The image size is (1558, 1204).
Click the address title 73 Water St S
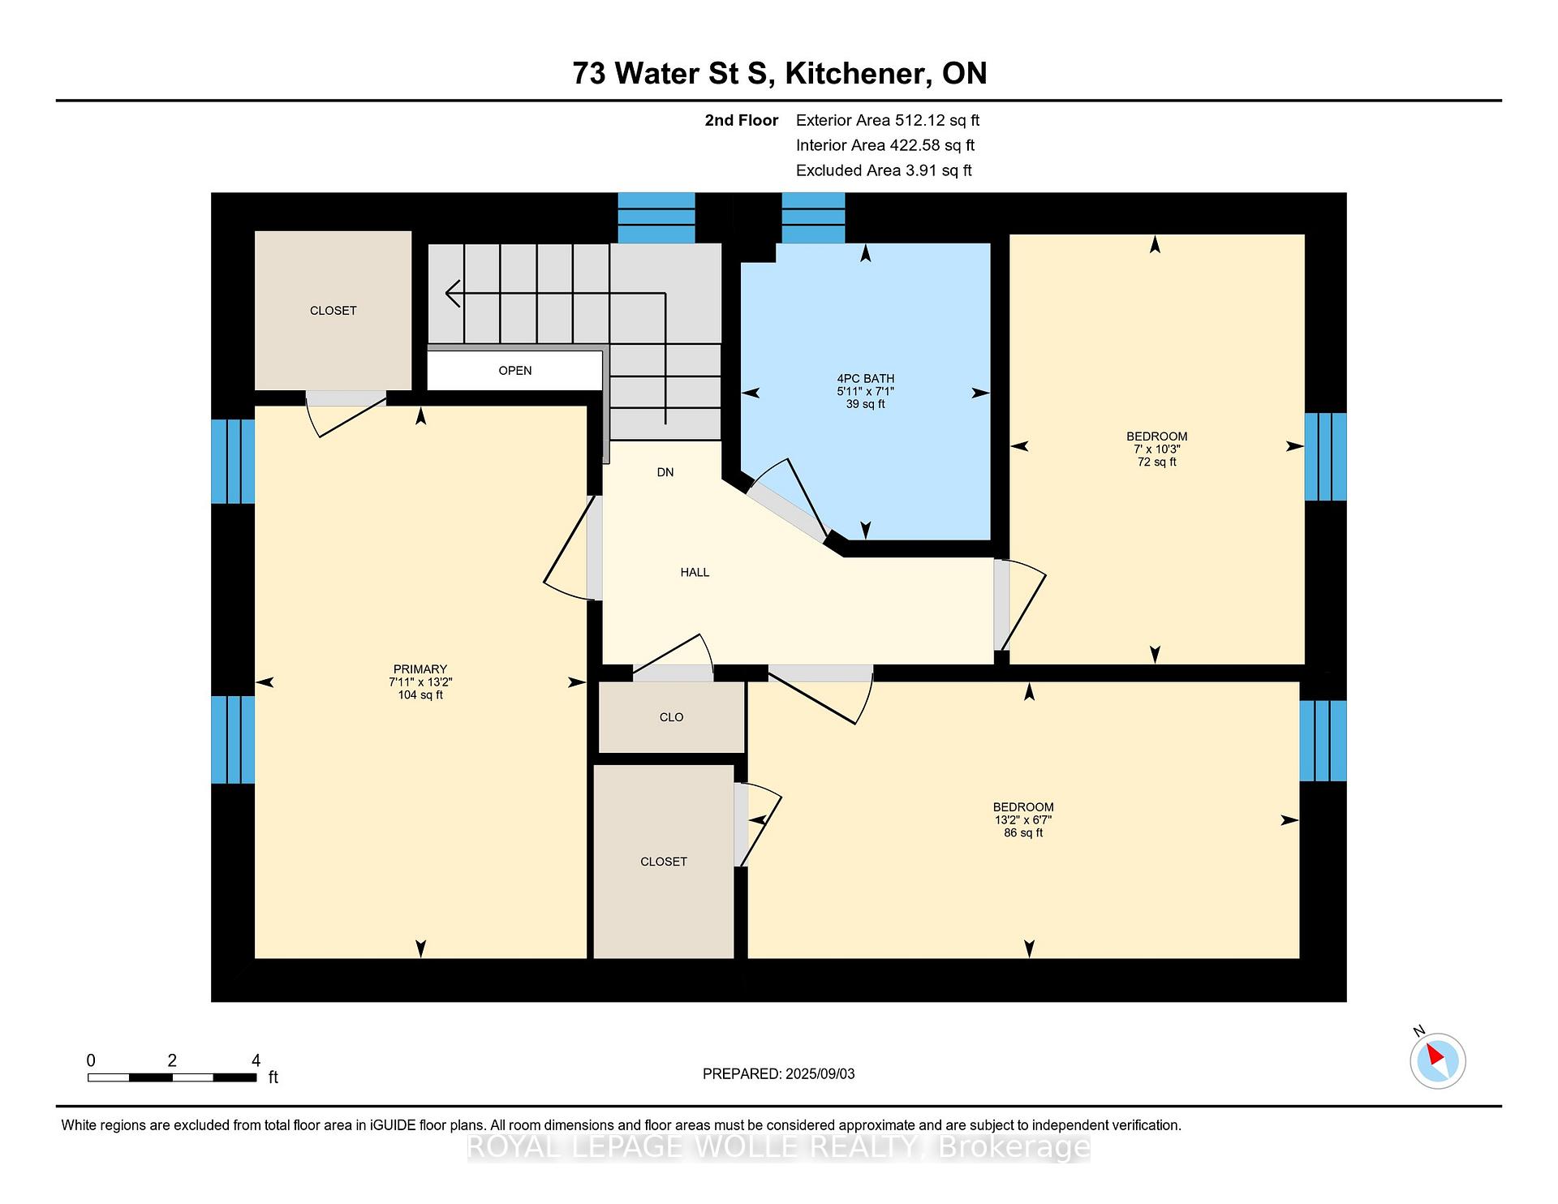pyautogui.click(x=670, y=73)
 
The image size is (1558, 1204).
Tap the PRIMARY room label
pyautogui.click(x=420, y=669)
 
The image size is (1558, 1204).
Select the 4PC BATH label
pyautogui.click(x=866, y=378)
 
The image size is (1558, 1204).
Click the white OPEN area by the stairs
pyautogui.click(x=514, y=371)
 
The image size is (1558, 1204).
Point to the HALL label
pyautogui.click(x=695, y=572)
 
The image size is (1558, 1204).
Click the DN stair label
pyautogui.click(x=665, y=472)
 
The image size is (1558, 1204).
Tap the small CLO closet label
pyautogui.click(x=672, y=717)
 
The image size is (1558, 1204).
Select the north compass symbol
pyautogui.click(x=1437, y=1059)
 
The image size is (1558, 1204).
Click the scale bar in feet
pyautogui.click(x=172, y=1077)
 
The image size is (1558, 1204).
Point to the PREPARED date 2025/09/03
pyautogui.click(x=778, y=1073)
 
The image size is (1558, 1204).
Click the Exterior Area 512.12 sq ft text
pyautogui.click(x=888, y=120)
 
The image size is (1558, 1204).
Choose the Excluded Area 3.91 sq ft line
pyautogui.click(x=884, y=170)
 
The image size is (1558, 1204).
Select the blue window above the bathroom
pyautogui.click(x=813, y=217)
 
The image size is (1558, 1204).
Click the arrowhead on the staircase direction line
pyautogui.click(x=453, y=293)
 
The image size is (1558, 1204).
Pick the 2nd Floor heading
pyautogui.click(x=742, y=120)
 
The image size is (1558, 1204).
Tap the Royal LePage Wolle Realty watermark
pyautogui.click(x=779, y=1146)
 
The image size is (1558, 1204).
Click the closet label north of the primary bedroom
pyautogui.click(x=334, y=311)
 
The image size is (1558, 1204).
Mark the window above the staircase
pyautogui.click(x=656, y=217)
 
